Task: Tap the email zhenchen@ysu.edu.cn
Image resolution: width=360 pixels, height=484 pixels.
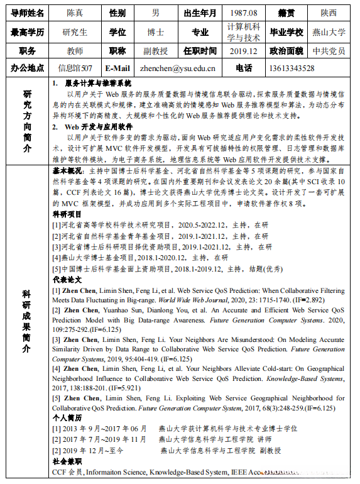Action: coord(178,68)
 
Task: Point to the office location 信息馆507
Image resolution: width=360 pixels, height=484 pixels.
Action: coord(75,68)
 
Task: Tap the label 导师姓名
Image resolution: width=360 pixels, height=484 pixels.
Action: coord(26,13)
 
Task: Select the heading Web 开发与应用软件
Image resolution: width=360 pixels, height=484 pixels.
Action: coord(94,126)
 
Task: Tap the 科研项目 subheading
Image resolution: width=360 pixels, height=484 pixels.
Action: coord(67,214)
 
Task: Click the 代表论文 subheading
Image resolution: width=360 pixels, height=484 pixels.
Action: coord(67,278)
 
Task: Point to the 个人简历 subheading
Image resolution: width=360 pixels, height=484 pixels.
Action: coord(67,417)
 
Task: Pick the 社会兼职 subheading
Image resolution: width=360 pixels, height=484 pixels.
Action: coord(67,461)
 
